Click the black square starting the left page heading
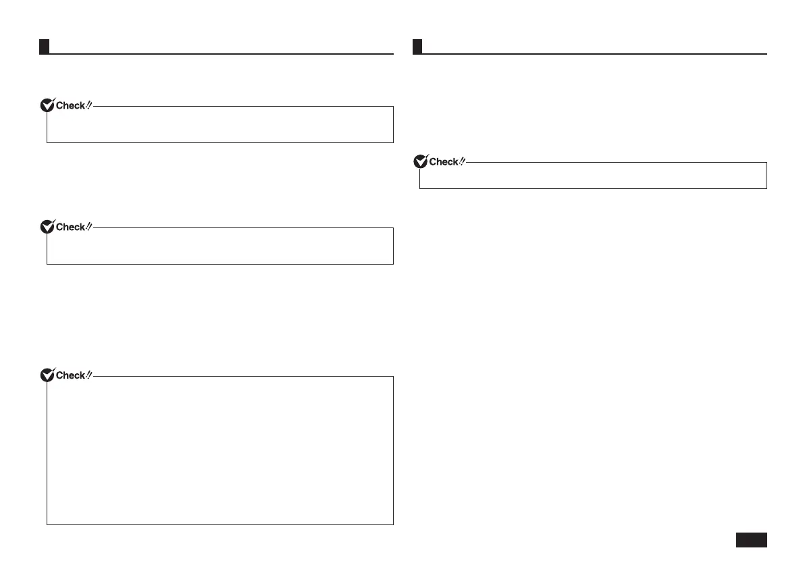43,47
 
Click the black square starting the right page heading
417,47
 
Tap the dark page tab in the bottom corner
750,540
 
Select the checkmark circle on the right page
420,161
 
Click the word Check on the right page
444,162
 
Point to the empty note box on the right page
593,176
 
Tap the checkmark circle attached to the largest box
47,375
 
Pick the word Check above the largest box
70,375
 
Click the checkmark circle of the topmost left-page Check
47,105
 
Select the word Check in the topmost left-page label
70,105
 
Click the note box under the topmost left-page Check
219,125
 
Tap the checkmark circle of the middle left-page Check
47,227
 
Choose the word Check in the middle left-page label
70,227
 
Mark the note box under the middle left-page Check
219,246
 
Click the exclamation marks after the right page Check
462,161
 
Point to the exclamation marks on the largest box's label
88,375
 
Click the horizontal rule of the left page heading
223,53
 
